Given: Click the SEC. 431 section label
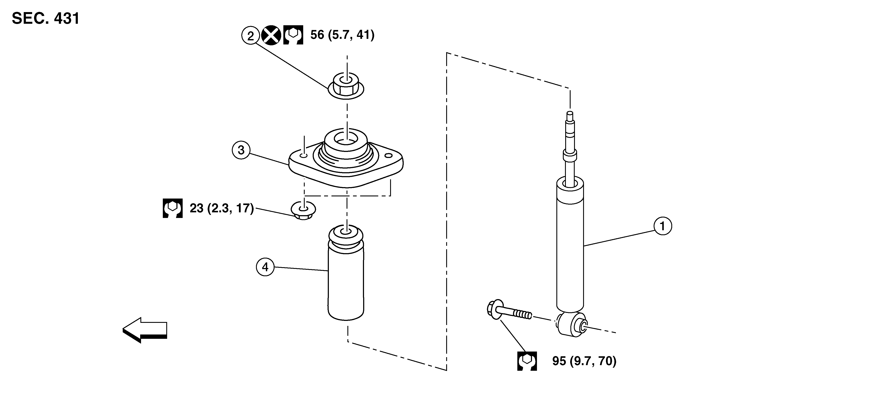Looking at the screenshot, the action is coord(46,18).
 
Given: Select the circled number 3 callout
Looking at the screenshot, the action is coord(241,150).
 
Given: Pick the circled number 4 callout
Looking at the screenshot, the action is coord(265,267).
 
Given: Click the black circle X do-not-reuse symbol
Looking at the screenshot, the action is coord(271,35).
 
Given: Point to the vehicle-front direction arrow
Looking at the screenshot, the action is coord(145,330).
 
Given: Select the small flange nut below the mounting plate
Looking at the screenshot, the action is coord(303,211).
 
